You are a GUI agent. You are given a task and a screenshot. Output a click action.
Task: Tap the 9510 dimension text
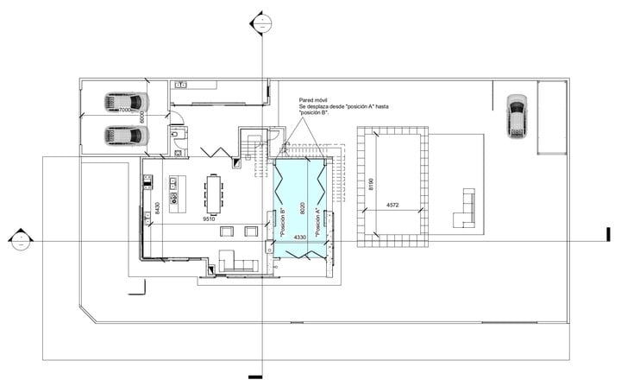208,220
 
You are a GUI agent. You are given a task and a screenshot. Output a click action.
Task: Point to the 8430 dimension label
157,208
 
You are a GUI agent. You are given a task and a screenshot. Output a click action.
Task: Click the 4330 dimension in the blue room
300,236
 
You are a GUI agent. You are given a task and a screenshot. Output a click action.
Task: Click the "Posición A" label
317,222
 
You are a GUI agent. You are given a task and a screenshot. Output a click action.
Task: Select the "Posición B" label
283,222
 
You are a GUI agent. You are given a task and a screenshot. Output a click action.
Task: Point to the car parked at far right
516,115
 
